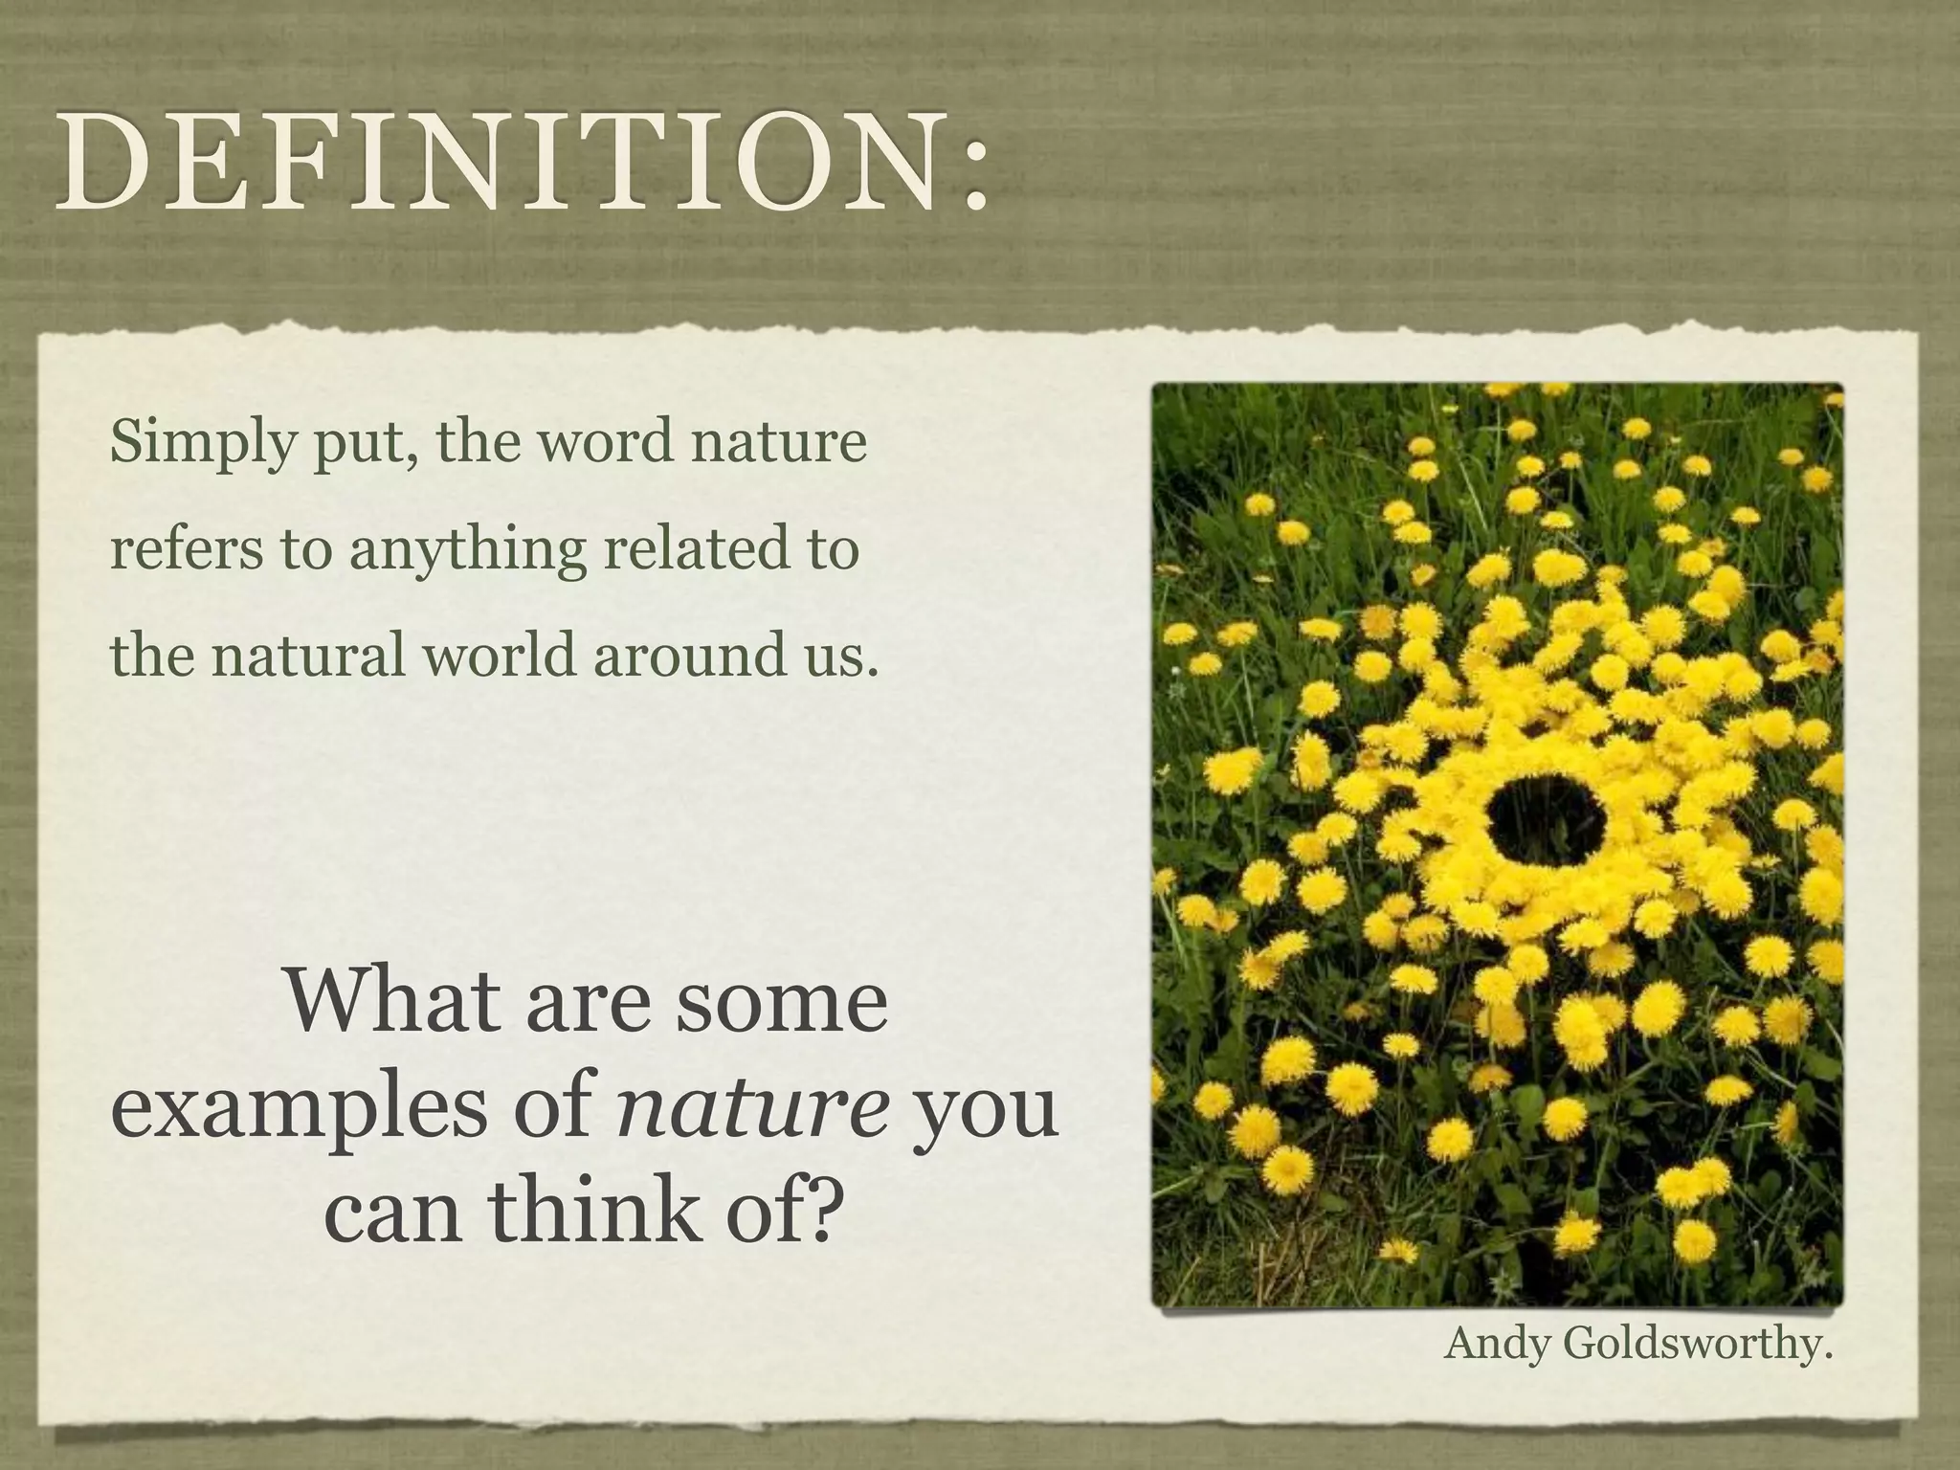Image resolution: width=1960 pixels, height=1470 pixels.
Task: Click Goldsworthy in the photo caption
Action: coord(1696,1345)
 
